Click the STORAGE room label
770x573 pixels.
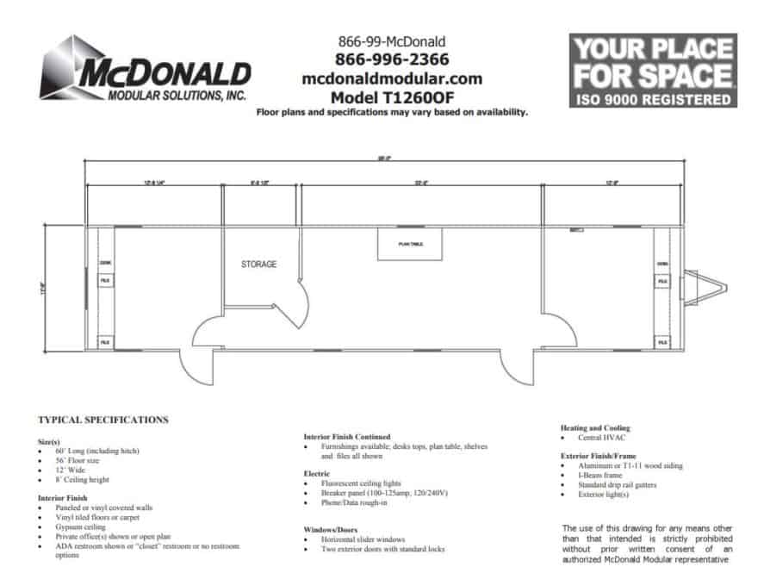[x=258, y=264]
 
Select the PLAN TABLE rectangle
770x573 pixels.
[x=411, y=245]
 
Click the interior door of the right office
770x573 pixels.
[x=561, y=332]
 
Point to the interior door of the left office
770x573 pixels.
[x=207, y=332]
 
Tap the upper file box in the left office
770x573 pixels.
[x=104, y=281]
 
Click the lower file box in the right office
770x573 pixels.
[x=662, y=342]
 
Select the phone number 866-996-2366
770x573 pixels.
[x=393, y=59]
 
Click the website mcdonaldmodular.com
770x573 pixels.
[x=392, y=78]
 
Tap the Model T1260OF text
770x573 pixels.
[x=392, y=96]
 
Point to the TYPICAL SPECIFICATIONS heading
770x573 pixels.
[x=103, y=420]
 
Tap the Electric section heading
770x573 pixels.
[x=317, y=473]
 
